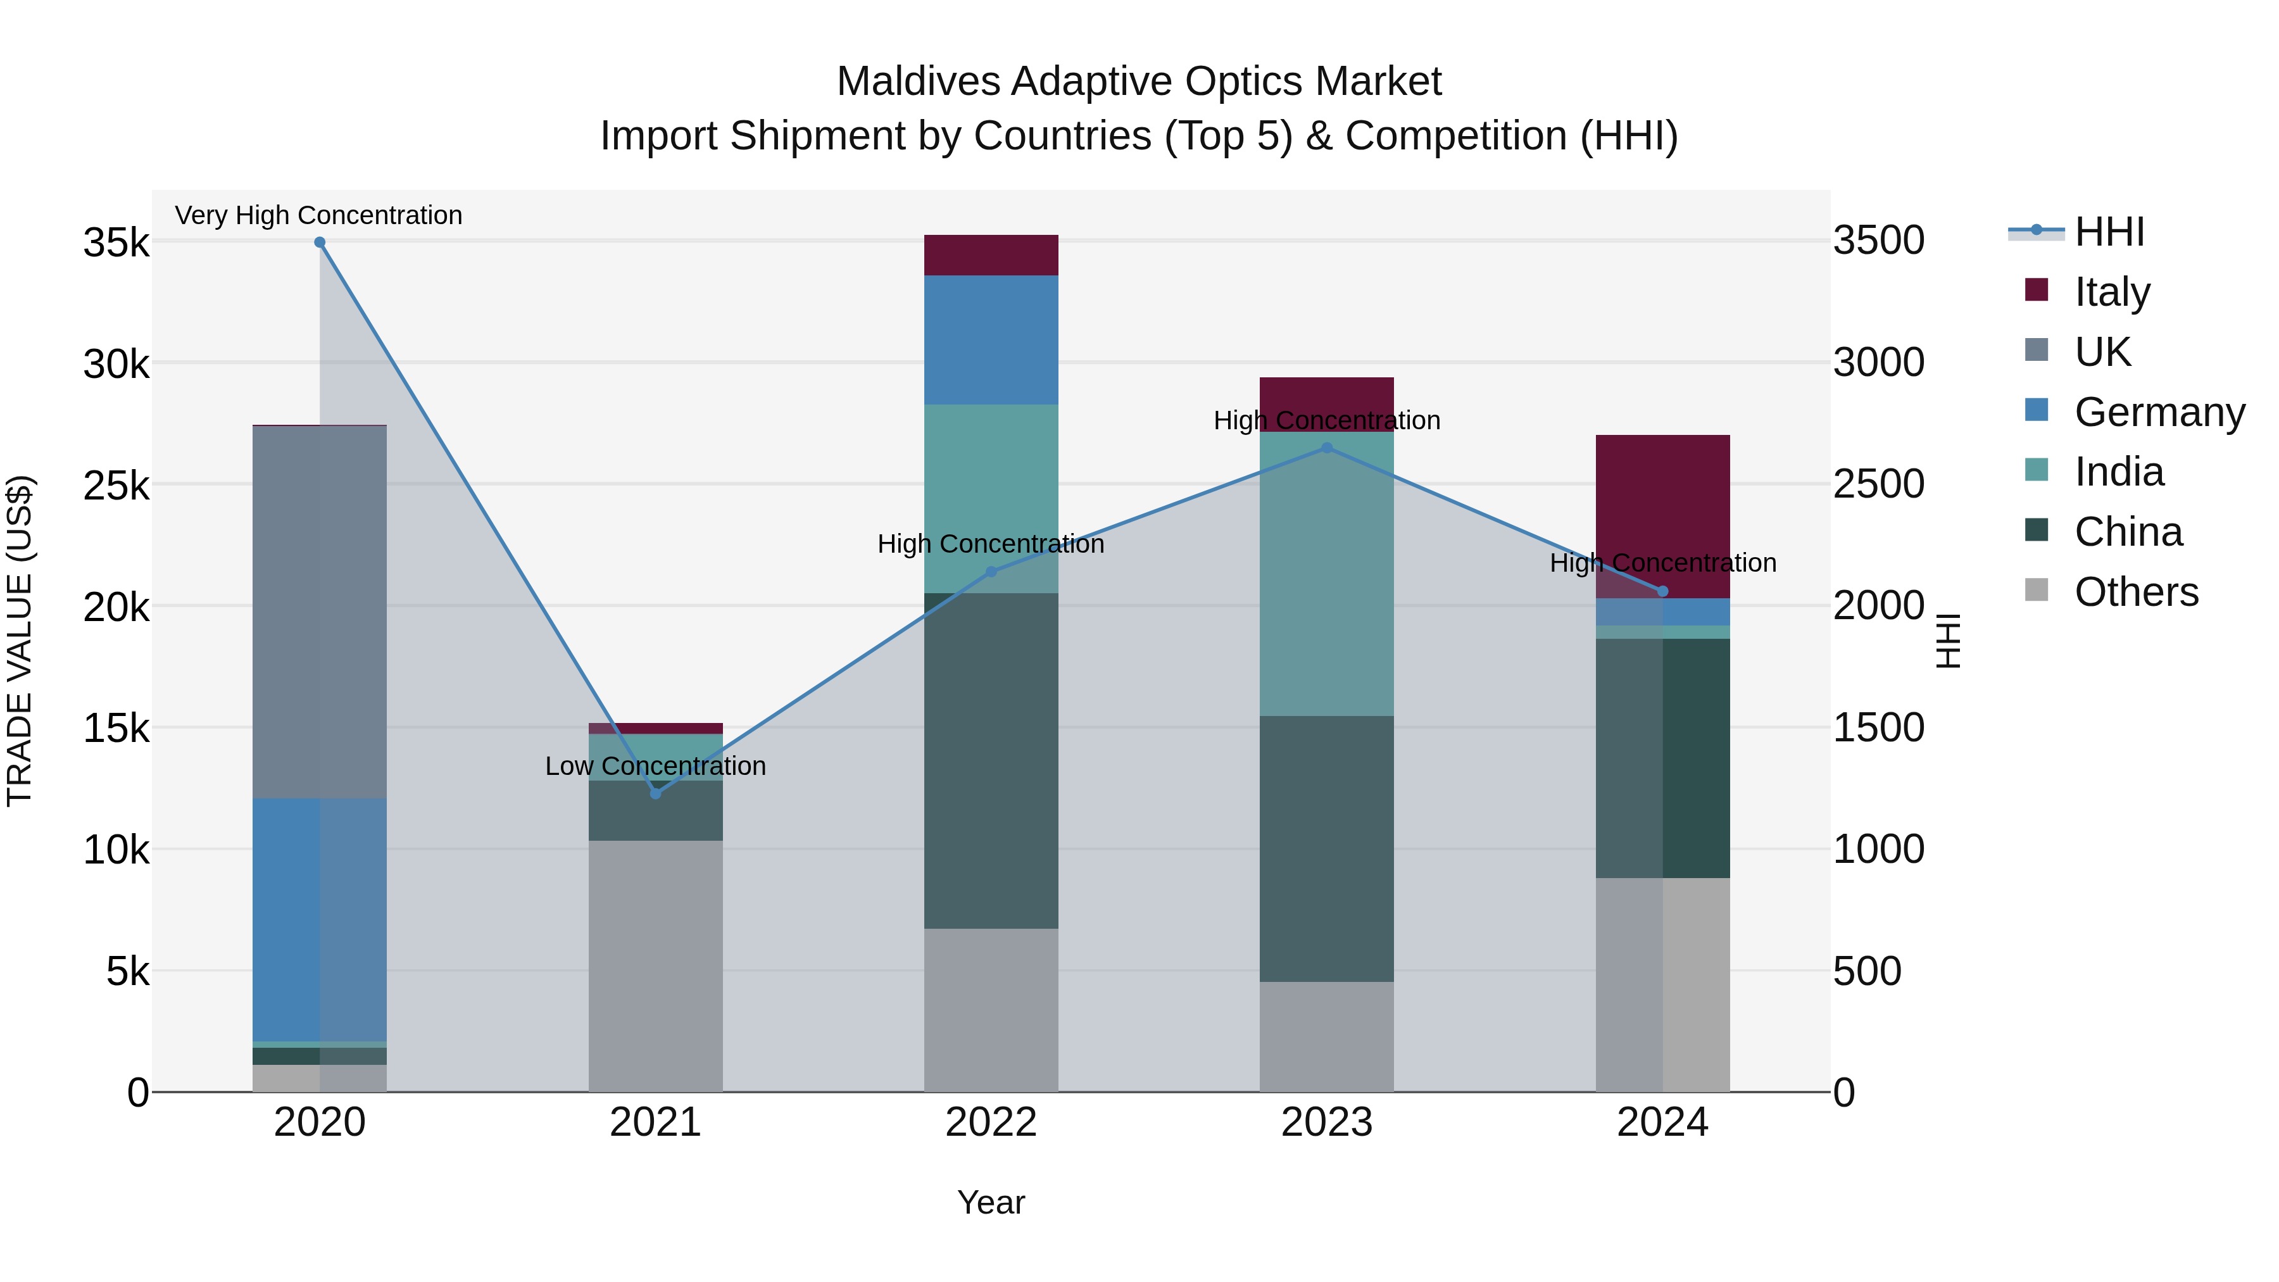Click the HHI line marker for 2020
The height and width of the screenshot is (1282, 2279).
click(x=320, y=242)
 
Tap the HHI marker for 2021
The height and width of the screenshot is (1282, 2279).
click(x=656, y=794)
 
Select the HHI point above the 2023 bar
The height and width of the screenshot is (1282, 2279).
click(x=1326, y=449)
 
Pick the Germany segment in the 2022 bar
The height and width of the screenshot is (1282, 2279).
click(x=991, y=340)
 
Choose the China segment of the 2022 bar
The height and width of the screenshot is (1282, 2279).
click(x=991, y=761)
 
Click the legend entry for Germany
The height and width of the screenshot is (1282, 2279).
click(x=2159, y=412)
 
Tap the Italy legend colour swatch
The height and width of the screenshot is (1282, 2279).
click(x=2037, y=290)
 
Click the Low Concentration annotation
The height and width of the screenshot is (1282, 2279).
click(x=656, y=766)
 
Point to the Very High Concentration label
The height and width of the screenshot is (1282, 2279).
click(x=318, y=216)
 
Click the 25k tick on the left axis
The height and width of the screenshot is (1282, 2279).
click(x=116, y=486)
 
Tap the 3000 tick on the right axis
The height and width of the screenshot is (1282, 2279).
click(x=1878, y=363)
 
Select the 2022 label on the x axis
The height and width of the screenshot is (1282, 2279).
click(x=991, y=1122)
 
